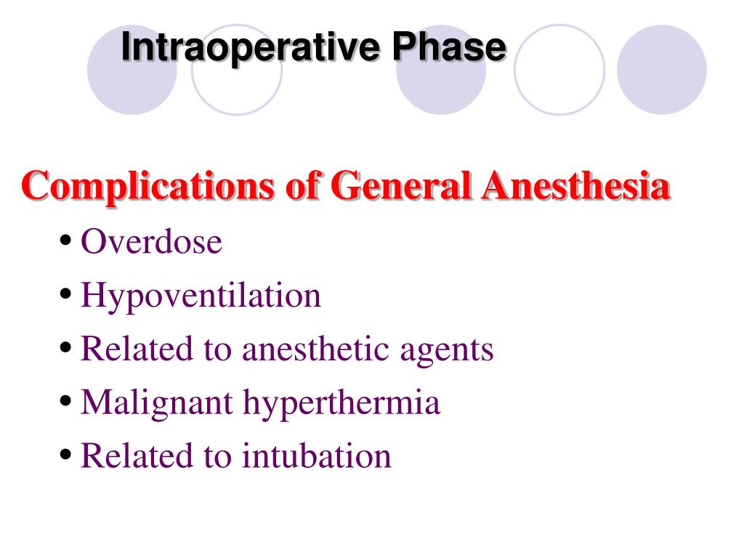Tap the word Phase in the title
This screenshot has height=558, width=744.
coord(450,48)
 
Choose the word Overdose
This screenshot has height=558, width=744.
coord(151,242)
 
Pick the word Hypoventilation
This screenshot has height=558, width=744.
coord(201,296)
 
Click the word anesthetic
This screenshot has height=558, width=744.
coord(316,349)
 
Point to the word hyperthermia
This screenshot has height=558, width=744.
coord(341,403)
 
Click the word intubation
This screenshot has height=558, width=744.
coord(317,456)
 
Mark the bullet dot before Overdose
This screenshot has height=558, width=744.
coord(66,241)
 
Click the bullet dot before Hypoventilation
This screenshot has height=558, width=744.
coord(66,295)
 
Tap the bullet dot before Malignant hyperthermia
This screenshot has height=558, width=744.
coord(66,402)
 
